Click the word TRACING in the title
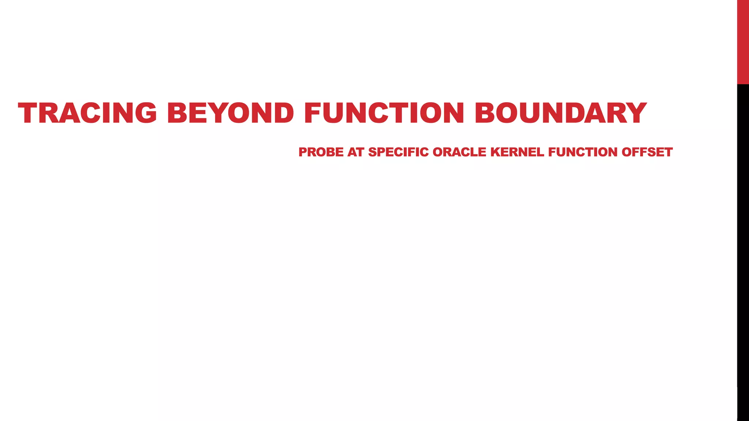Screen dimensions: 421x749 tap(87, 113)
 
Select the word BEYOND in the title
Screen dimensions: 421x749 tap(230, 113)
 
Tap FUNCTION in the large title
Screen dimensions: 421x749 tap(384, 113)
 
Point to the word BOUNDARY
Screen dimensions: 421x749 tap(561, 113)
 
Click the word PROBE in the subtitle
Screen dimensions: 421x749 tap(321, 152)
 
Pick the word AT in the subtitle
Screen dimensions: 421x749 tap(355, 152)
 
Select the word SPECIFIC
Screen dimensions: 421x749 tap(398, 152)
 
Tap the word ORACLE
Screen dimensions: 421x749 tap(459, 152)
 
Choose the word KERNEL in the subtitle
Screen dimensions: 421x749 tap(517, 152)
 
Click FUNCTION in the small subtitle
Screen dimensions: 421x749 tap(583, 152)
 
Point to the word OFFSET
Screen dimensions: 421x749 tap(647, 152)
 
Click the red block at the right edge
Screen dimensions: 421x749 tap(743, 42)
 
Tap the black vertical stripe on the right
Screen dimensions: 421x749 tap(743, 252)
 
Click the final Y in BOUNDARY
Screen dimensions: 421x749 tap(635, 113)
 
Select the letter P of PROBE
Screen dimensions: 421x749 tap(303, 152)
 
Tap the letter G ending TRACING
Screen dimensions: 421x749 tap(145, 113)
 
